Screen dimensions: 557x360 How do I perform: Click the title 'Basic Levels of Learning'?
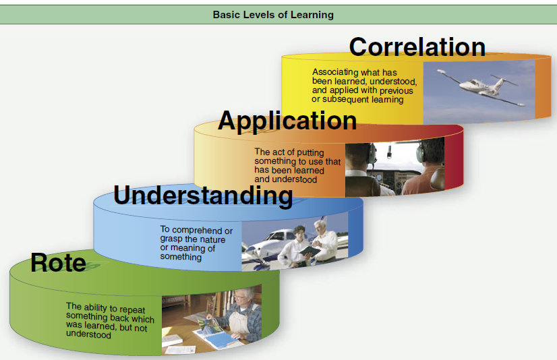(x=273, y=15)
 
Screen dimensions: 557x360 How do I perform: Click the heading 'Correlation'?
(x=417, y=47)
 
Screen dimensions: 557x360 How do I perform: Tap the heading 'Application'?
(x=287, y=121)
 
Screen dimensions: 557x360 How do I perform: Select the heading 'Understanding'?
(x=203, y=196)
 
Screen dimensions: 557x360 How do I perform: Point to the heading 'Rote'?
(x=58, y=262)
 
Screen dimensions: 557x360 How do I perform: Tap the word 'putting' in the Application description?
(x=310, y=152)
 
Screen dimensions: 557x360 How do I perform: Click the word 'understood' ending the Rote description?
(x=88, y=334)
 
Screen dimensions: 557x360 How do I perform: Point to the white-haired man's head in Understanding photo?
(x=320, y=227)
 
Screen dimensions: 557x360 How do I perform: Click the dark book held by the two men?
(x=310, y=251)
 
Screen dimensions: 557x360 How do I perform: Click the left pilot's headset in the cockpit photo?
(x=372, y=154)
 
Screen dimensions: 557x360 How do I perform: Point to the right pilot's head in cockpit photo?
(x=430, y=150)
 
